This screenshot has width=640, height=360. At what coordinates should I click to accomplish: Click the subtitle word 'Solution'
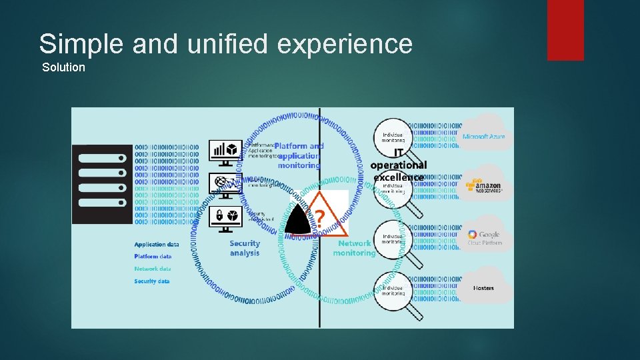[63, 67]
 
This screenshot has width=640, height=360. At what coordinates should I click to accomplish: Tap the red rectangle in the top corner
[565, 29]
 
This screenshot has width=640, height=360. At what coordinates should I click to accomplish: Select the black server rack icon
[101, 184]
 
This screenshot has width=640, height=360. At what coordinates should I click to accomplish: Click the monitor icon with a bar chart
[226, 151]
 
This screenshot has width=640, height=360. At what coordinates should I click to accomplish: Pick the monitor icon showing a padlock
[226, 217]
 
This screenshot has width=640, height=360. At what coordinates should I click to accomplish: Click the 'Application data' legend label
[157, 245]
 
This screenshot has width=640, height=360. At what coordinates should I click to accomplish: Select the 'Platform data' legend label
[153, 257]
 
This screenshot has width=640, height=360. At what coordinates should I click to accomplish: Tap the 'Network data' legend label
[153, 269]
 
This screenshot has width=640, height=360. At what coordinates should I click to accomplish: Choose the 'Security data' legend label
[152, 281]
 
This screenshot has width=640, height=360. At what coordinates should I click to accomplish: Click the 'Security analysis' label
[245, 248]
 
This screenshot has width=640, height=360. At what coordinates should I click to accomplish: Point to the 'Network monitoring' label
[354, 249]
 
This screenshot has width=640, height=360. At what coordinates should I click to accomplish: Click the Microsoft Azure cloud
[484, 133]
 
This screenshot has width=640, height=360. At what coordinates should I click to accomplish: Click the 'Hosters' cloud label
[483, 288]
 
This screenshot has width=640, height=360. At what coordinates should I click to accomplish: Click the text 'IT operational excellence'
[399, 165]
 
